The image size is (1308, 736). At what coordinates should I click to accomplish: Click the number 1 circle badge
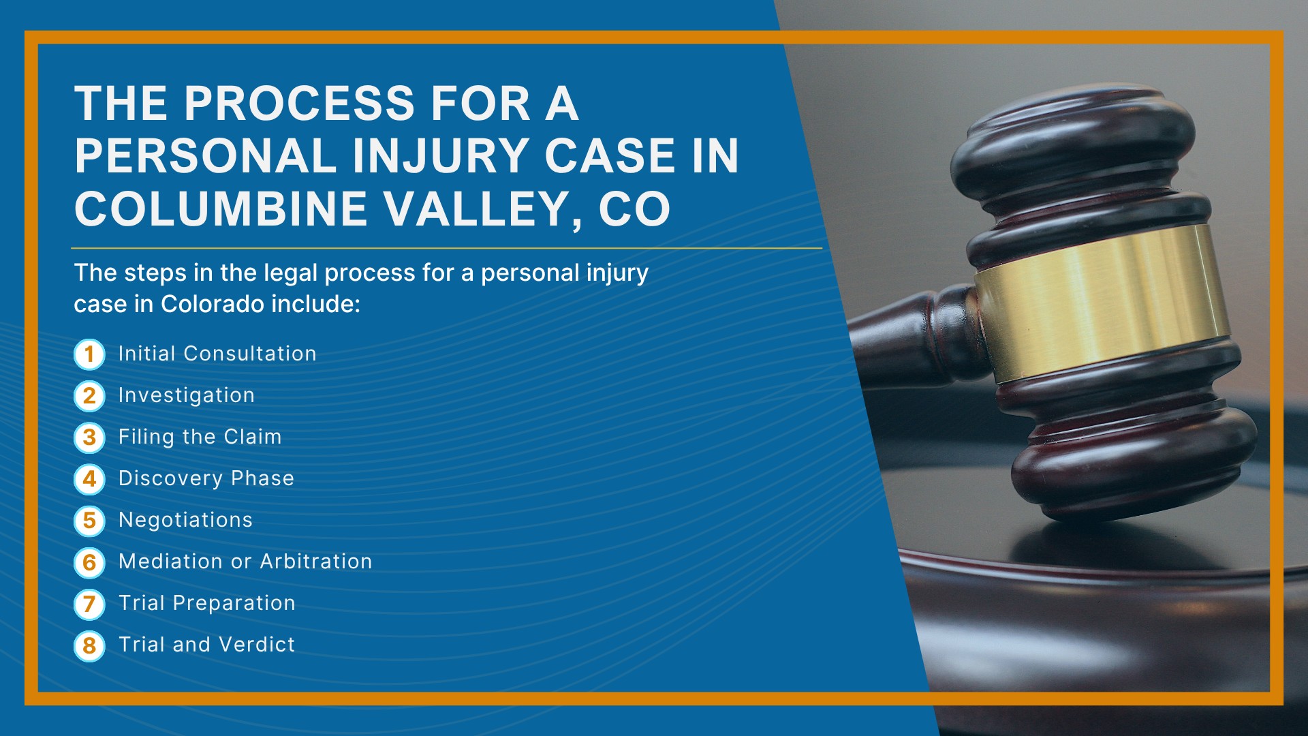pyautogui.click(x=89, y=354)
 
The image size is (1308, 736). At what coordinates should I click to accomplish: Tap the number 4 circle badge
pyautogui.click(x=89, y=479)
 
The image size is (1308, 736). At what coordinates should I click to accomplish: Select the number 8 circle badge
pyautogui.click(x=89, y=645)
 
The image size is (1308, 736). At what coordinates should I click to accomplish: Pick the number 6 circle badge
pyautogui.click(x=89, y=562)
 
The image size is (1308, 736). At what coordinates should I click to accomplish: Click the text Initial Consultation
pyautogui.click(x=217, y=354)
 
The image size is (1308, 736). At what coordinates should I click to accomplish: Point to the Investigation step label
pyautogui.click(x=187, y=396)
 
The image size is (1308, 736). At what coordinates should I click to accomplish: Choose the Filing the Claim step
pyautogui.click(x=200, y=437)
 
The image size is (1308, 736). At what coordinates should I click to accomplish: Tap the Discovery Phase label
pyautogui.click(x=206, y=478)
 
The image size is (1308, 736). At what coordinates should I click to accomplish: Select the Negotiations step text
pyautogui.click(x=185, y=520)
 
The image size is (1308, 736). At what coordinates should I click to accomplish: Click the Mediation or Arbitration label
pyautogui.click(x=245, y=562)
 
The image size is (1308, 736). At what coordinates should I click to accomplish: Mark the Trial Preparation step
pyautogui.click(x=207, y=603)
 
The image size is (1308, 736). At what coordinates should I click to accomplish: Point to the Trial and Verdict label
pyautogui.click(x=207, y=645)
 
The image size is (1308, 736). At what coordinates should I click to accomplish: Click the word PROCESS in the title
pyautogui.click(x=300, y=104)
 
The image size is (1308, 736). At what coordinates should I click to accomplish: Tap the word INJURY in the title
pyautogui.click(x=441, y=156)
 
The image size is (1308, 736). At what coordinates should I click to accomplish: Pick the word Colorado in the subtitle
pyautogui.click(x=212, y=304)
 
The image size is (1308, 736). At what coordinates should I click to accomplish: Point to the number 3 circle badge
pyautogui.click(x=89, y=438)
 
